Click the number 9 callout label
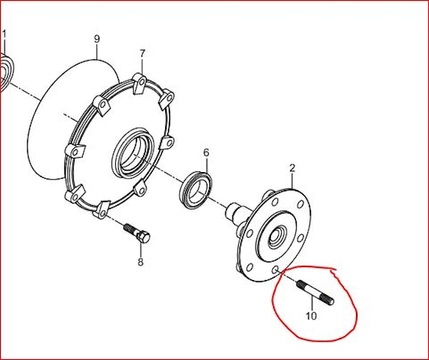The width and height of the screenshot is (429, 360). click(97, 39)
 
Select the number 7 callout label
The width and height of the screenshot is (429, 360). click(142, 54)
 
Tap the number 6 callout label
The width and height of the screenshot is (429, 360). click(207, 153)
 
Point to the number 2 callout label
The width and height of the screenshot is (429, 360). click(292, 168)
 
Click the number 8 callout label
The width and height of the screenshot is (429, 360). click(140, 262)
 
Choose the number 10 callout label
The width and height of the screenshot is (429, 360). click(311, 316)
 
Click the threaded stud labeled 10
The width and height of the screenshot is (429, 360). click(315, 294)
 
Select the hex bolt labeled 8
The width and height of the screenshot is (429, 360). click(137, 233)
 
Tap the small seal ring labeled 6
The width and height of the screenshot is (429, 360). click(196, 190)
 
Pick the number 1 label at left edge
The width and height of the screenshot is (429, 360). click(4, 35)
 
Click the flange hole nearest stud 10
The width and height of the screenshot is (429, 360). click(275, 270)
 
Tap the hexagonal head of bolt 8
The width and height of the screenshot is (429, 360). click(144, 236)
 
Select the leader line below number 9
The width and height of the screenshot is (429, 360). click(97, 51)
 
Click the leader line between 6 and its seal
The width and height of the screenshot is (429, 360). click(207, 165)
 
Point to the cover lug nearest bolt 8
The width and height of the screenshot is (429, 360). click(100, 209)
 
